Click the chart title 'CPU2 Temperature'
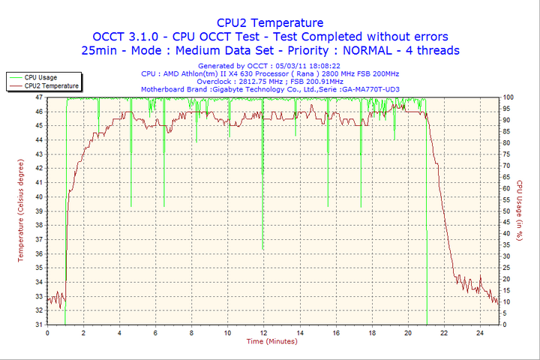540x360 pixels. click(269, 22)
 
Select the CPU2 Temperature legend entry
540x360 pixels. click(49, 85)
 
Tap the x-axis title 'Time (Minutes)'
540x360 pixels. click(271, 341)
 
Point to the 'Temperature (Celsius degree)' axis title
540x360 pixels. click(21, 210)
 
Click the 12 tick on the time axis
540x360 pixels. click(263, 331)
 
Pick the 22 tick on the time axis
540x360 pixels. click(444, 331)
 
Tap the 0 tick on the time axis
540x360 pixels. click(47, 331)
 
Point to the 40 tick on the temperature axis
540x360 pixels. click(39, 196)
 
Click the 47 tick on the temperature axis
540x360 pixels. click(39, 97)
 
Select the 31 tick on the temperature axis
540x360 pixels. click(39, 324)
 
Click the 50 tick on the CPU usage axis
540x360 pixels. click(506, 211)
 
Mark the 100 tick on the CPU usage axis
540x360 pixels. click(508, 97)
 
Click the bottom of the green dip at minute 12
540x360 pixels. click(263, 249)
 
